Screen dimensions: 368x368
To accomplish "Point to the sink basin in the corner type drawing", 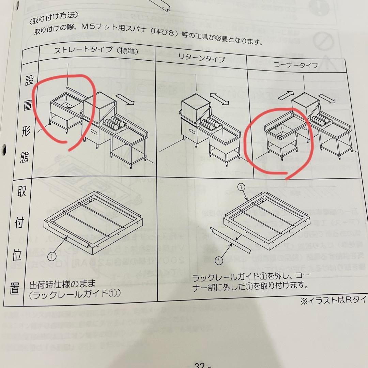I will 279,131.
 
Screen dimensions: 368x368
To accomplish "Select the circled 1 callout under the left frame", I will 51,255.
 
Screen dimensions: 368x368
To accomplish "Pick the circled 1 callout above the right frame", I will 241,187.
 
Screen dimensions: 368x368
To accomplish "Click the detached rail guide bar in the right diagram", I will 232,240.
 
